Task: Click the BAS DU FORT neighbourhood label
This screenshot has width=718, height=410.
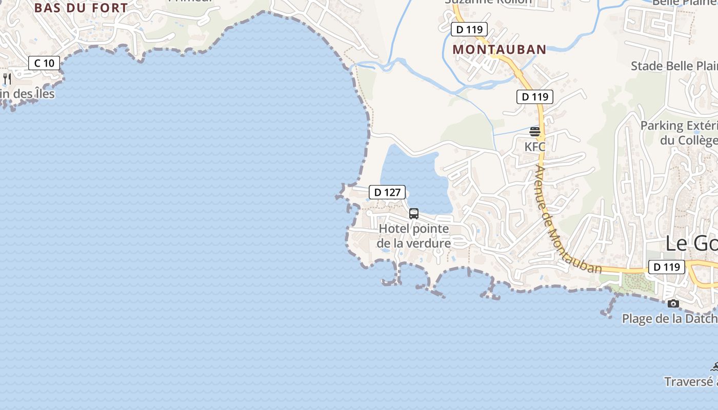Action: (x=81, y=8)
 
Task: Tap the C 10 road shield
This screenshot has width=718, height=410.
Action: (x=44, y=63)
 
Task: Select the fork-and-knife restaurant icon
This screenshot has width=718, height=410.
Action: (x=7, y=78)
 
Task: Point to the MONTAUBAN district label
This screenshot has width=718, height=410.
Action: (x=500, y=49)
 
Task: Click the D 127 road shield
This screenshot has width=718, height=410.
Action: (x=387, y=192)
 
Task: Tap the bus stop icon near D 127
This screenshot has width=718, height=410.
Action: (x=414, y=214)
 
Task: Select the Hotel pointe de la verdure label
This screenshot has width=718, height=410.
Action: (x=414, y=236)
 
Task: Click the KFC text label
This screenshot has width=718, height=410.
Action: (x=535, y=147)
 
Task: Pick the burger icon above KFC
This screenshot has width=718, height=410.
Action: (x=535, y=132)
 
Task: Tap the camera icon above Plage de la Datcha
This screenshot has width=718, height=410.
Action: (x=673, y=303)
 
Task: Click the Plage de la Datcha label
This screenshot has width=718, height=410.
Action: (x=669, y=319)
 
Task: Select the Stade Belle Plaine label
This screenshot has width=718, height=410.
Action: (x=674, y=66)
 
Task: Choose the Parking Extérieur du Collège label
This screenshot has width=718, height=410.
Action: (x=679, y=133)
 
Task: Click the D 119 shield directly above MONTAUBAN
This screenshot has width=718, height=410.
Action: (x=469, y=29)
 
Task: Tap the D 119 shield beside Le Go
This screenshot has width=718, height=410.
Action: (x=667, y=266)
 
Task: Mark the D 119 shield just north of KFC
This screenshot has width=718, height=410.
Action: (x=535, y=96)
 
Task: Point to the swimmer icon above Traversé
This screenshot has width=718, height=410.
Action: (x=714, y=366)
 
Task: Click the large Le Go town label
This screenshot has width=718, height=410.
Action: (x=691, y=244)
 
